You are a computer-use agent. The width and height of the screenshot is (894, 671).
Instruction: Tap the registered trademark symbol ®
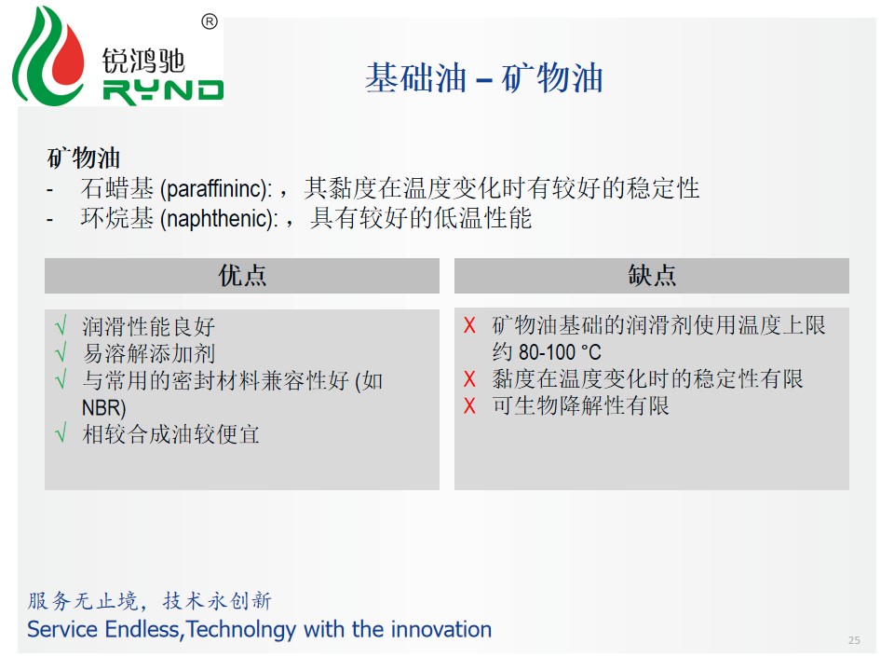point(210,21)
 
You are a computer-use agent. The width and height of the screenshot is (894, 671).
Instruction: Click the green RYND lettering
point(163,92)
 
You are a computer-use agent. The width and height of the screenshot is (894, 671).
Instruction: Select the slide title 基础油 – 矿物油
point(484,77)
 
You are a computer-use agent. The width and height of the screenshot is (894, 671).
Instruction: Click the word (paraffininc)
point(217,189)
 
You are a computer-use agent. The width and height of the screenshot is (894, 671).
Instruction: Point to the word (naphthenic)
point(220,218)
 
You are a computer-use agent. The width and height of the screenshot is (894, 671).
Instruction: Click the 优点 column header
point(242,276)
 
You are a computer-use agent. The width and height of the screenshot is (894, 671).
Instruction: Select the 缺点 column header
point(652,276)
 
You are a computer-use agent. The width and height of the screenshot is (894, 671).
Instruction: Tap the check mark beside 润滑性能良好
point(61,325)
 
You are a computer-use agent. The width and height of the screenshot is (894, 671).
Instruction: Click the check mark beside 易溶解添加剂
point(61,352)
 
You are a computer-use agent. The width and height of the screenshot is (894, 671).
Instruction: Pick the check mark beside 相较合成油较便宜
point(61,433)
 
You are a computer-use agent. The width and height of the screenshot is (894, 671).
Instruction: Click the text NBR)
point(103,407)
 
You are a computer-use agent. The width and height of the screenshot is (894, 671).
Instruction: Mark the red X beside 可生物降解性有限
point(469,405)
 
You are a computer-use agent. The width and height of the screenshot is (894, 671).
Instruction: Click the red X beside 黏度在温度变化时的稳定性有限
point(469,379)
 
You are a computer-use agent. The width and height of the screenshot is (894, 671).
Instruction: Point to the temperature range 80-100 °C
point(560,352)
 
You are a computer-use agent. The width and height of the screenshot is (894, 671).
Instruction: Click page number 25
point(854,640)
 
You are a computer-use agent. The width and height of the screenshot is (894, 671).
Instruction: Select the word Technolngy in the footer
point(241,630)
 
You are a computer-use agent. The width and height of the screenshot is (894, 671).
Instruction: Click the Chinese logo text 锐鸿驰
point(143,61)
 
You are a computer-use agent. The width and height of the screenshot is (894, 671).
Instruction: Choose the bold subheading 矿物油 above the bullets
point(83,157)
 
